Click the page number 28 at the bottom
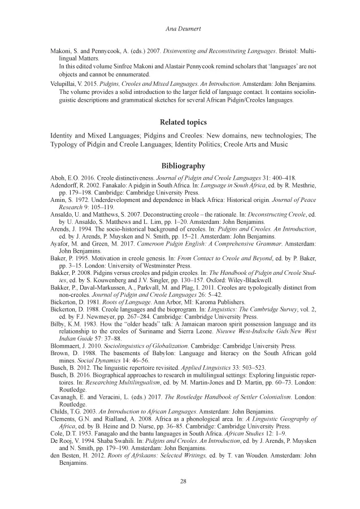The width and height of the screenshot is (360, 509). tap(180, 481)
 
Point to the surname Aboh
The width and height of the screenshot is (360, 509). tap(58, 178)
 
